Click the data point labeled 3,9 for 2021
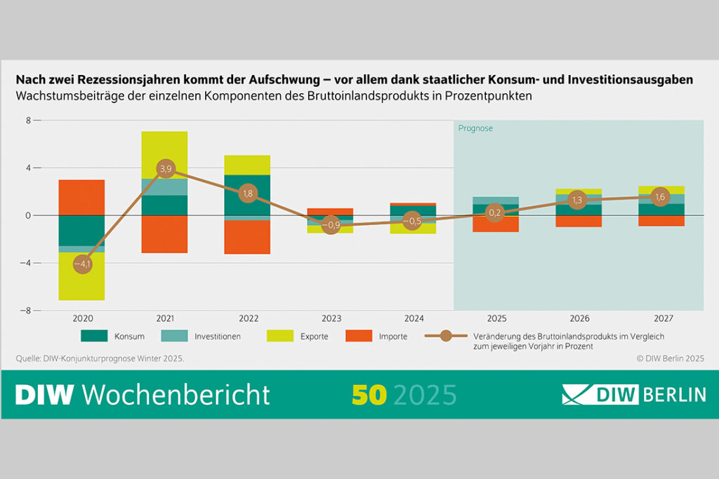click(x=165, y=168)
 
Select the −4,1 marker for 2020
click(x=82, y=264)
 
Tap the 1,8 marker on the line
click(x=248, y=194)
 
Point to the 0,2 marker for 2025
click(x=495, y=212)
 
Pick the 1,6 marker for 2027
click(x=660, y=196)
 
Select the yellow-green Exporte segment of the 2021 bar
click(x=164, y=154)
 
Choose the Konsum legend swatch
click(x=95, y=336)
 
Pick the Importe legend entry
click(x=393, y=337)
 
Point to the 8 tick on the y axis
click(x=29, y=121)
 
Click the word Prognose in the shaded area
click(x=475, y=128)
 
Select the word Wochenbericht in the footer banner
click(x=176, y=395)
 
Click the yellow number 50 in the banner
click(x=369, y=395)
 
